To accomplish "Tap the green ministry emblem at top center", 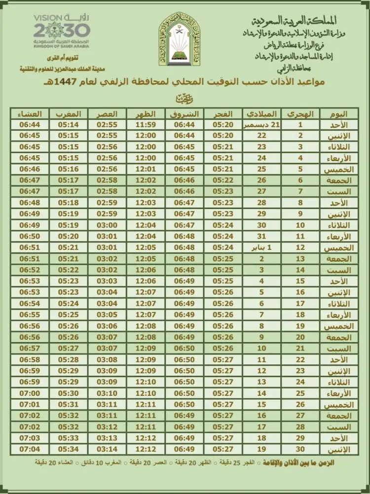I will pyautogui.click(x=180, y=40).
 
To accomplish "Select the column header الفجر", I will pyautogui.click(x=223, y=113).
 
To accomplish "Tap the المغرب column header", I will pyautogui.click(x=68, y=113).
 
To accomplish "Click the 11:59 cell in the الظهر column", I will pyautogui.click(x=146, y=124).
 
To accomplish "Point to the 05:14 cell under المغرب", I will pyautogui.click(x=68, y=124).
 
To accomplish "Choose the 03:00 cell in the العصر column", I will pyautogui.click(x=107, y=225).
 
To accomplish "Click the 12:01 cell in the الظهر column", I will pyautogui.click(x=146, y=169).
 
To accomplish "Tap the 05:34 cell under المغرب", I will pyautogui.click(x=68, y=449).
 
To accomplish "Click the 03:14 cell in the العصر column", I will pyautogui.click(x=107, y=449).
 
